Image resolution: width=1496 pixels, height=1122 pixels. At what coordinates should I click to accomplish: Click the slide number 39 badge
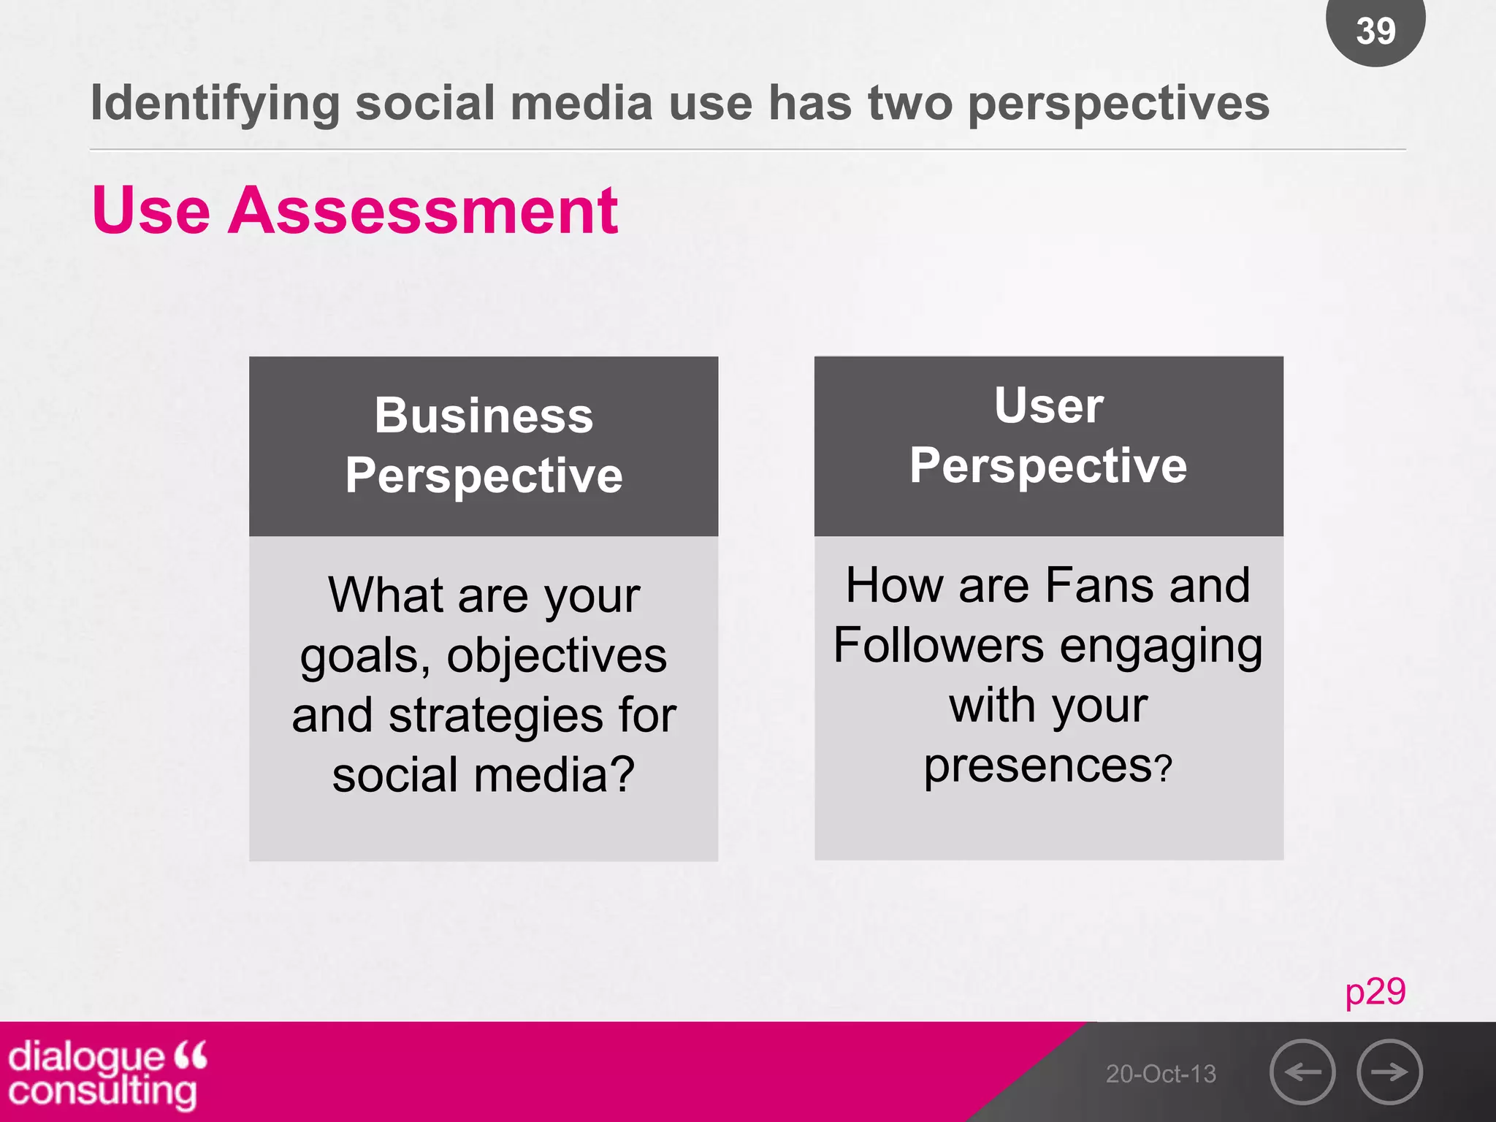(x=1375, y=31)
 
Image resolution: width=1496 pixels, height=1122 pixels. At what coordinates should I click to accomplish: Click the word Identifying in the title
(x=215, y=104)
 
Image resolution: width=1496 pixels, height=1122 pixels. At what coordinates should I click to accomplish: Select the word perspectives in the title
(x=1118, y=104)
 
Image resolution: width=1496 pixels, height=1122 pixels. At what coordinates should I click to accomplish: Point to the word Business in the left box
(x=484, y=416)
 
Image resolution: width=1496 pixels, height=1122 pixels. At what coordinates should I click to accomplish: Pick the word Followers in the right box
(x=939, y=646)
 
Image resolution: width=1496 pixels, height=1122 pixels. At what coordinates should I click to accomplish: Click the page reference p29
(x=1375, y=991)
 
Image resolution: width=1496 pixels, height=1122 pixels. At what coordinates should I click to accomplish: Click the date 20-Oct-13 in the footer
(x=1161, y=1074)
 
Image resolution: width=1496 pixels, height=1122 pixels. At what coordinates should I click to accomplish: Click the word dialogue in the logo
(x=86, y=1057)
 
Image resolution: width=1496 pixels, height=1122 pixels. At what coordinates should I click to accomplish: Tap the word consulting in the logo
(x=102, y=1091)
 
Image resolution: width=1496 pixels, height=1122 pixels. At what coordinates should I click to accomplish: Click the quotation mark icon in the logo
(x=191, y=1054)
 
